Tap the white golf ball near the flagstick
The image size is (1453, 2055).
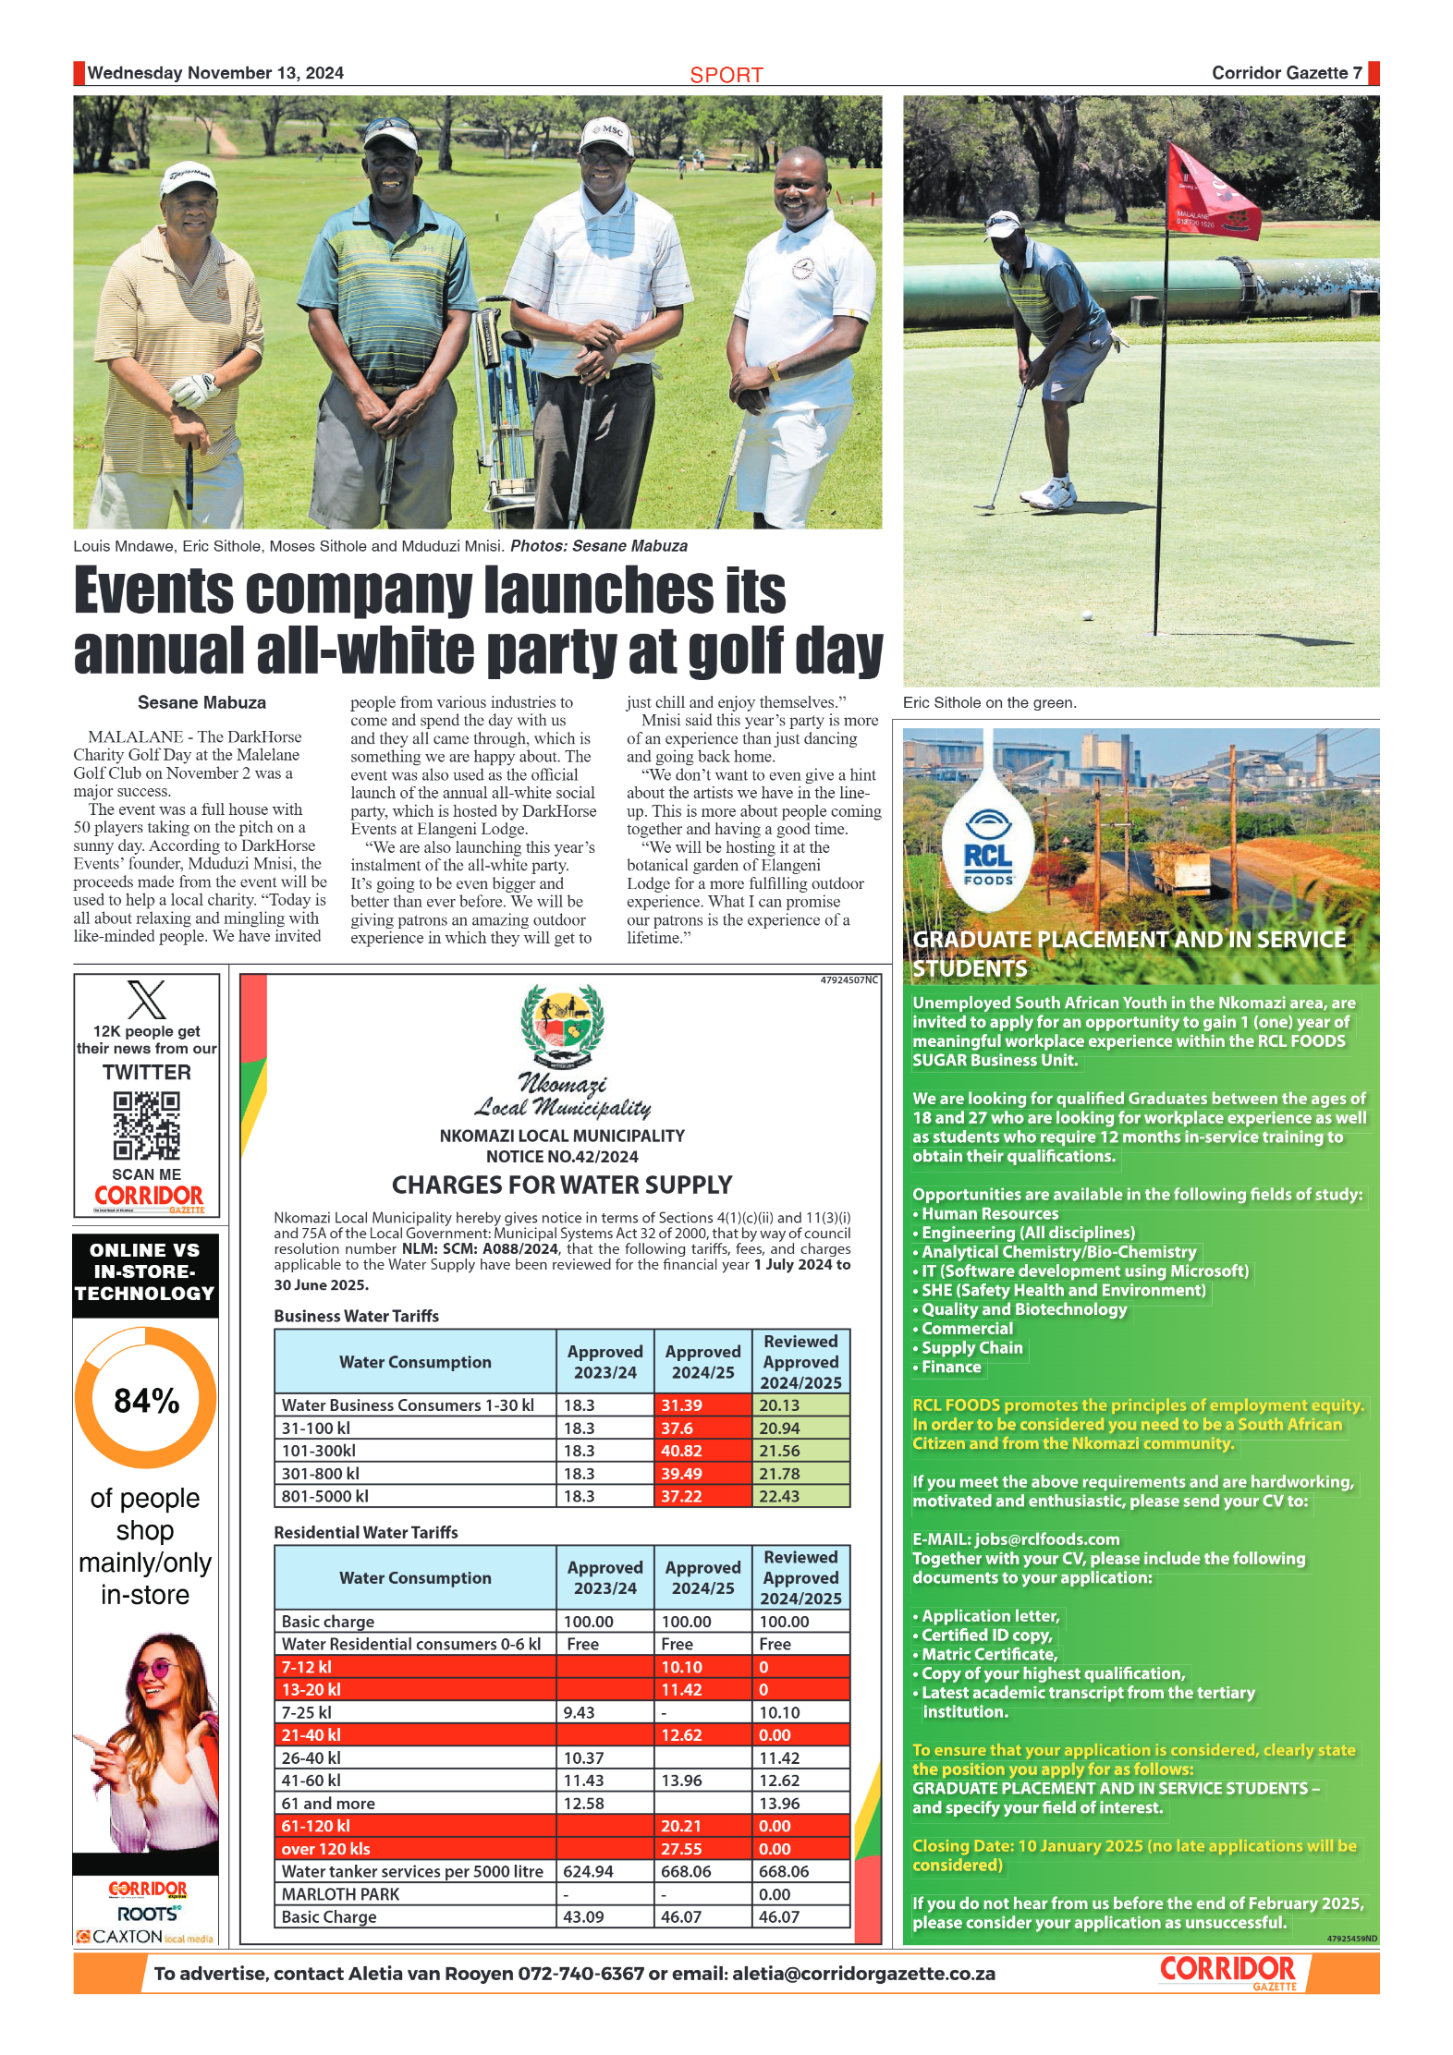pyautogui.click(x=1087, y=614)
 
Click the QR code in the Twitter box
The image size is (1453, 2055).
pyautogui.click(x=146, y=1125)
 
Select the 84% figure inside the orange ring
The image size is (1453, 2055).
pyautogui.click(x=146, y=1401)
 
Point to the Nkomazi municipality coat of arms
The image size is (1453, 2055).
pyautogui.click(x=562, y=1027)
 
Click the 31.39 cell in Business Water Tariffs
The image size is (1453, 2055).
pyautogui.click(x=682, y=1404)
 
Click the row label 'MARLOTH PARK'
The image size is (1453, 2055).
pyautogui.click(x=340, y=1894)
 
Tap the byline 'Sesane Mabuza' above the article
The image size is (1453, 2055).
pyautogui.click(x=201, y=702)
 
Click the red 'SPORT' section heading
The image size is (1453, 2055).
pyautogui.click(x=726, y=75)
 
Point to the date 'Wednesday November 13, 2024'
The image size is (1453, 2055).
pyautogui.click(x=215, y=73)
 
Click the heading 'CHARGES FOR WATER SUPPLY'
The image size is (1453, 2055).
pyautogui.click(x=562, y=1185)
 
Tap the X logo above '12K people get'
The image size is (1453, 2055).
pyautogui.click(x=146, y=1000)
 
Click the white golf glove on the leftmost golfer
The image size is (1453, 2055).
pyautogui.click(x=196, y=389)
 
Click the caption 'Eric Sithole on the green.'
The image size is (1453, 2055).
pyautogui.click(x=989, y=702)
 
